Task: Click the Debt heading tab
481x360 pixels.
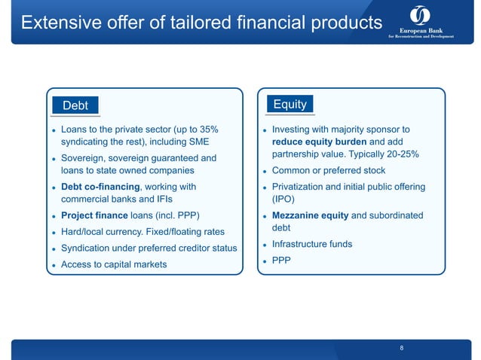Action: click(75, 106)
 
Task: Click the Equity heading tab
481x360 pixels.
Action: click(290, 105)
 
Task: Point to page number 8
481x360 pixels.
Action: click(402, 348)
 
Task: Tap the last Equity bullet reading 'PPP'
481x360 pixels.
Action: click(280, 261)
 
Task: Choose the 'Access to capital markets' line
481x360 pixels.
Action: click(113, 264)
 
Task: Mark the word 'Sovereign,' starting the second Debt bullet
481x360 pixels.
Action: click(85, 158)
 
